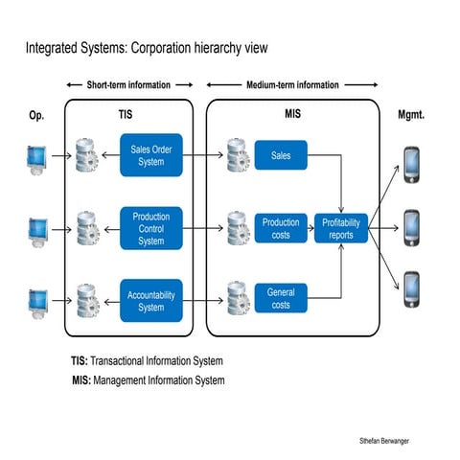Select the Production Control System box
[150, 228]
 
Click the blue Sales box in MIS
[281, 155]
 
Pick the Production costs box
[281, 228]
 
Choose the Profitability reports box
[341, 228]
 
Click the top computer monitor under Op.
[36, 157]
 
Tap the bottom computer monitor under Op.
[36, 299]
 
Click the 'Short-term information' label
[128, 85]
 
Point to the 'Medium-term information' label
[292, 85]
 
